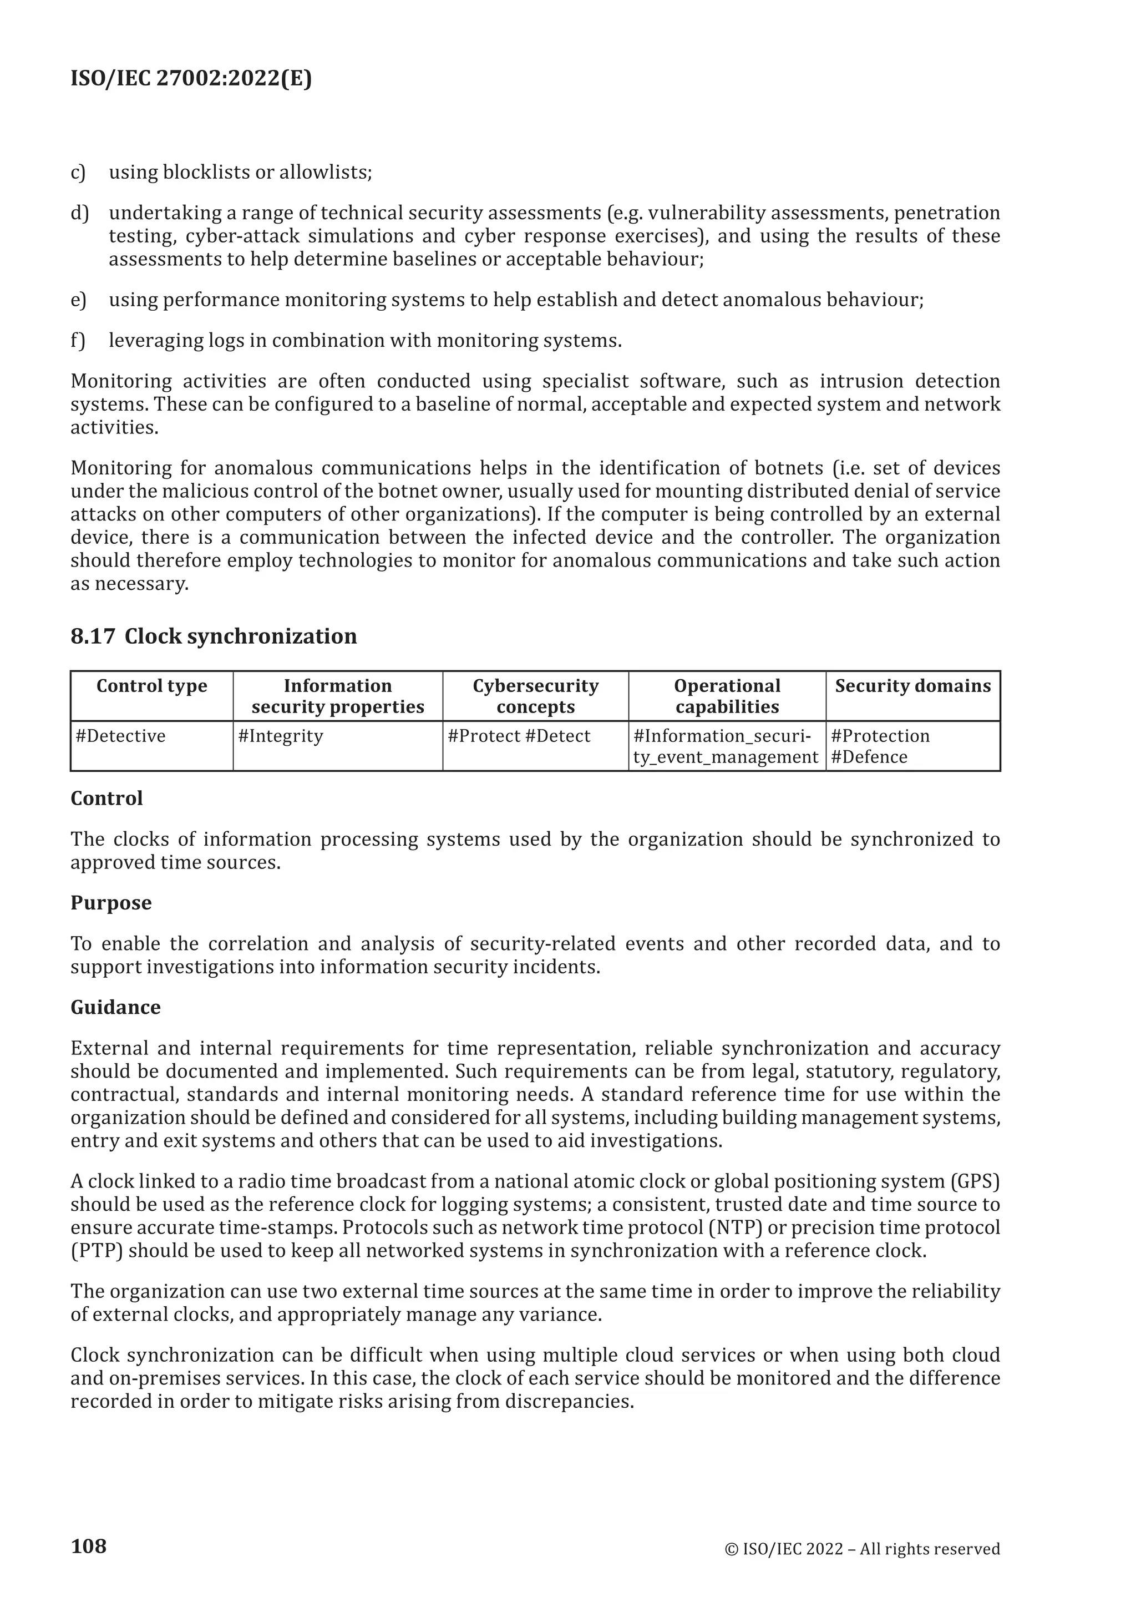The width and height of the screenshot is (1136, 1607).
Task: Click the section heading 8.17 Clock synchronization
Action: coord(214,636)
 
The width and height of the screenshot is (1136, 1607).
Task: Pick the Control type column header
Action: coord(152,686)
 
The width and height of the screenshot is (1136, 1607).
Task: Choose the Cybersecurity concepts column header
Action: coord(535,696)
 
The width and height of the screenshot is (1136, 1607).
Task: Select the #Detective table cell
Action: coord(121,736)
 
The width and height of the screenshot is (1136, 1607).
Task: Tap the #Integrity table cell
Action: coord(281,736)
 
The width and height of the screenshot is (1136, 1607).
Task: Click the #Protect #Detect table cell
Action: coord(519,736)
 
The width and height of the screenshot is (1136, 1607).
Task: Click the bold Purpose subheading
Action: coord(111,903)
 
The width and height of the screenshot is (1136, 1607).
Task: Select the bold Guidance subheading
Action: coord(115,1007)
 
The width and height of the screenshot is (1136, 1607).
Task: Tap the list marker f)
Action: coord(78,341)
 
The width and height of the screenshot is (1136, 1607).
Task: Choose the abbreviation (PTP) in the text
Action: coord(97,1251)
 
